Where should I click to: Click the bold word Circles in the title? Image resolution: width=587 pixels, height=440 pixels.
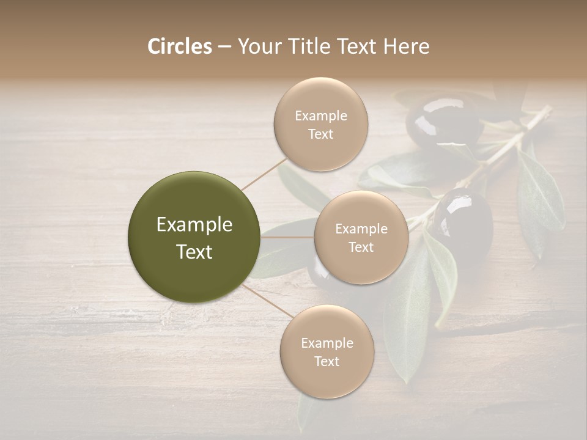coord(180,46)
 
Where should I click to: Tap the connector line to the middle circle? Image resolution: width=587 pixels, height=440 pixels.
coord(287,237)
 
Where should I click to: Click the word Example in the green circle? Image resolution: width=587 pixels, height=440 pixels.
coord(194,225)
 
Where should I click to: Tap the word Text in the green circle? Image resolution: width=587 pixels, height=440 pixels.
coord(194,252)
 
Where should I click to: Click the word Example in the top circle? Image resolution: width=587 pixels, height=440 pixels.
coord(321,116)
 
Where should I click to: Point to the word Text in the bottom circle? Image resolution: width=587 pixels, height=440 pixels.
coord(327,361)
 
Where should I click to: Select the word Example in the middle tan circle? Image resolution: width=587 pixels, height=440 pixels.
coord(361,229)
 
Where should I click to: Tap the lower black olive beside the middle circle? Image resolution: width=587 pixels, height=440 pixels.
coord(463,220)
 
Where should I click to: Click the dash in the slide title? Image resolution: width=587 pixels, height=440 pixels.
coord(224,47)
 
